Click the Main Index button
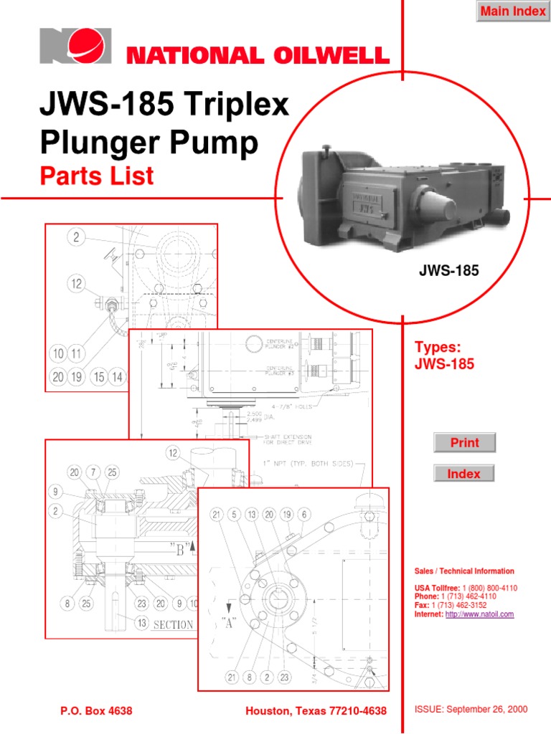pyautogui.click(x=512, y=11)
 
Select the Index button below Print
pyautogui.click(x=463, y=474)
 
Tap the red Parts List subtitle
pyautogui.click(x=97, y=176)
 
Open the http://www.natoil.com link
pyautogui.click(x=479, y=614)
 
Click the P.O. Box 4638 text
pyautogui.click(x=95, y=710)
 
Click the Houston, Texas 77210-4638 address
pyautogui.click(x=316, y=710)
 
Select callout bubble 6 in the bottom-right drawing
pyautogui.click(x=304, y=514)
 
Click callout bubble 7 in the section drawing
pyautogui.click(x=93, y=472)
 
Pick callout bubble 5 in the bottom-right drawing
pyautogui.click(x=234, y=514)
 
